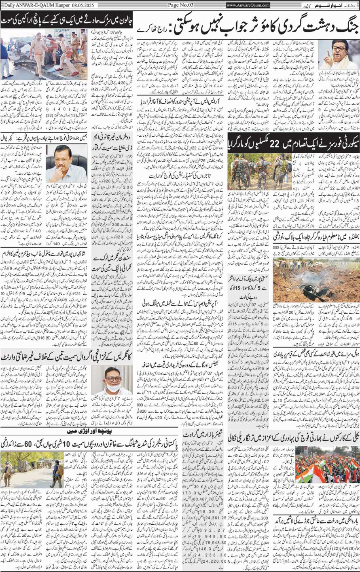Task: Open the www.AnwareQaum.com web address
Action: coord(248,5)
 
